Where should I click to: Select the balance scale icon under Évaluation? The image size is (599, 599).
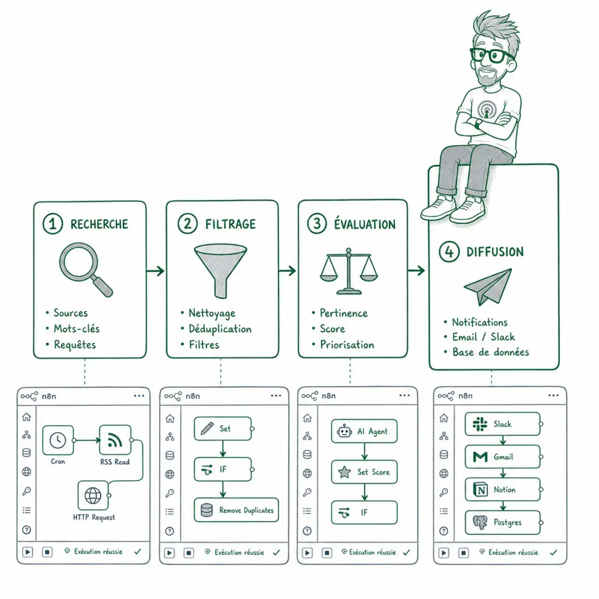coord(349,271)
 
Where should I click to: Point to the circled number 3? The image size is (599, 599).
coord(317,224)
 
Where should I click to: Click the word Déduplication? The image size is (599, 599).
coord(220,329)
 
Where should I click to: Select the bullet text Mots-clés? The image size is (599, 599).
coord(77,328)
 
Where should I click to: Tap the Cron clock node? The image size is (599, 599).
coord(58,440)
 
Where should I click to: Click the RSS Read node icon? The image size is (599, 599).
coord(115,440)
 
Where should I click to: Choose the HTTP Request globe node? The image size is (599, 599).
coord(93,495)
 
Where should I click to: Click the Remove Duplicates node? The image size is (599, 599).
coord(236,510)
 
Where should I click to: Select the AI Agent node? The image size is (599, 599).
coord(364,432)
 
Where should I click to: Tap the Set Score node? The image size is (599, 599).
coord(364,472)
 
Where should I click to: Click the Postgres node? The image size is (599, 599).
coord(502,522)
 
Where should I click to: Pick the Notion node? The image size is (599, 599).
coord(502,489)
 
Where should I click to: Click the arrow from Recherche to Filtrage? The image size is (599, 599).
coord(155,271)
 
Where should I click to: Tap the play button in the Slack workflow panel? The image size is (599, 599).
coord(444,552)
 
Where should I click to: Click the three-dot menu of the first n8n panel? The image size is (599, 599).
coord(139,396)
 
